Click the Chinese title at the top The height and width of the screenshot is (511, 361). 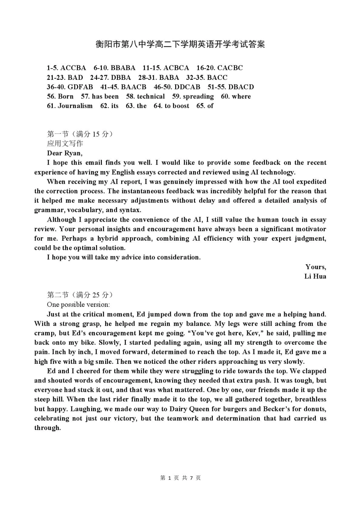(x=180, y=44)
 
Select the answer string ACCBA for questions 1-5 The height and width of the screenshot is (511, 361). (x=73, y=68)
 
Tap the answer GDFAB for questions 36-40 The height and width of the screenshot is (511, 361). (x=80, y=87)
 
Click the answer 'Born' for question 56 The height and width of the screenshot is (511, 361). (x=66, y=97)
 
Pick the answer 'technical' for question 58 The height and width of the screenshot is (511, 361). (x=151, y=97)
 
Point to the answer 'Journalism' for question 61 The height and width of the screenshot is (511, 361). (x=75, y=106)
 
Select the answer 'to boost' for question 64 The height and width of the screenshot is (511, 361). (x=177, y=106)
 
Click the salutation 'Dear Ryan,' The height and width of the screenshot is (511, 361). (x=65, y=153)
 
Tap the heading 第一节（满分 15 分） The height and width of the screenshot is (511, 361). (x=80, y=134)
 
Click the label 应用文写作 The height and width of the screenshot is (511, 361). (x=65, y=143)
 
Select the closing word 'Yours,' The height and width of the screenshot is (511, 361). (x=315, y=267)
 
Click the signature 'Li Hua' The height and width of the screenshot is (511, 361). (x=315, y=276)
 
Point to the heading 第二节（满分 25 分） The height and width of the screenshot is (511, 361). (x=80, y=295)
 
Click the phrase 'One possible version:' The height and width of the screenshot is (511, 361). (x=78, y=305)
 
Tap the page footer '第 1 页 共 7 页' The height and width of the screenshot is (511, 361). (x=180, y=478)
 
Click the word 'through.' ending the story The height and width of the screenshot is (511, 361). (x=47, y=428)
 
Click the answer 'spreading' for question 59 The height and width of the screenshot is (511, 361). (x=198, y=97)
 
